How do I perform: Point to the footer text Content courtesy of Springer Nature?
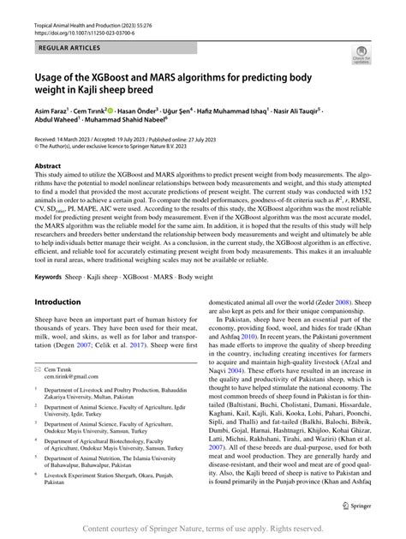(x=154, y=530)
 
